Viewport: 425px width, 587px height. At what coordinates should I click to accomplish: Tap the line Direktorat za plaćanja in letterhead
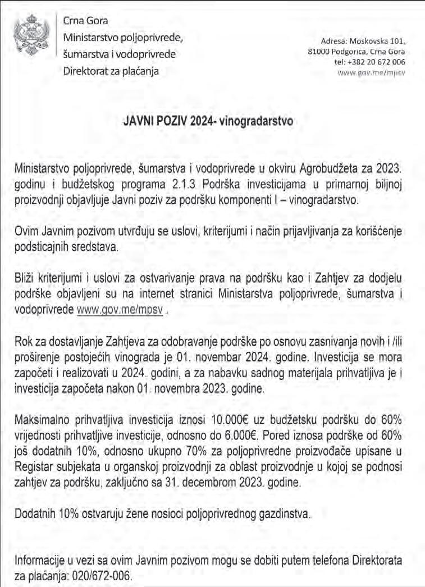coord(111,71)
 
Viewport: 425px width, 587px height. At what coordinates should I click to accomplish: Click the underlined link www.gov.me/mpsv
coord(124,310)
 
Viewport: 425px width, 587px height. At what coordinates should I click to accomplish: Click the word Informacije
coord(42,562)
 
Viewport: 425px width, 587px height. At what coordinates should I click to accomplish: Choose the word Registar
coord(35,467)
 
